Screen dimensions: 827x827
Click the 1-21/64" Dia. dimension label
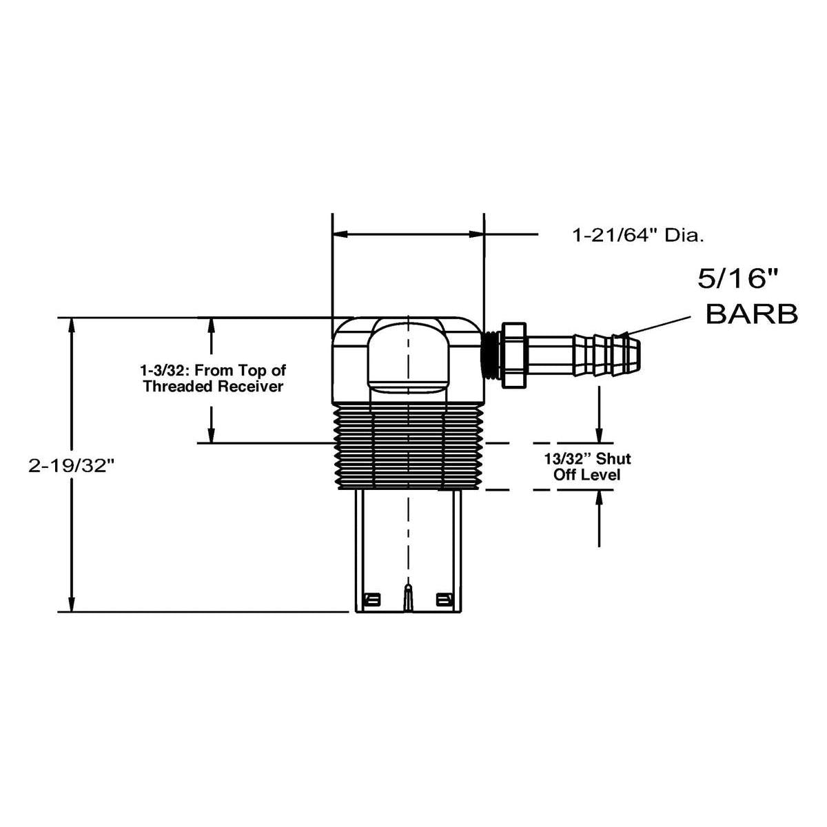pos(638,236)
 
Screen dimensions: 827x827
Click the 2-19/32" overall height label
pos(70,466)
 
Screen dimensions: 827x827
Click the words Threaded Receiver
pos(213,387)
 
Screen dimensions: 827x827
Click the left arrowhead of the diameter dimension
pos(340,235)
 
